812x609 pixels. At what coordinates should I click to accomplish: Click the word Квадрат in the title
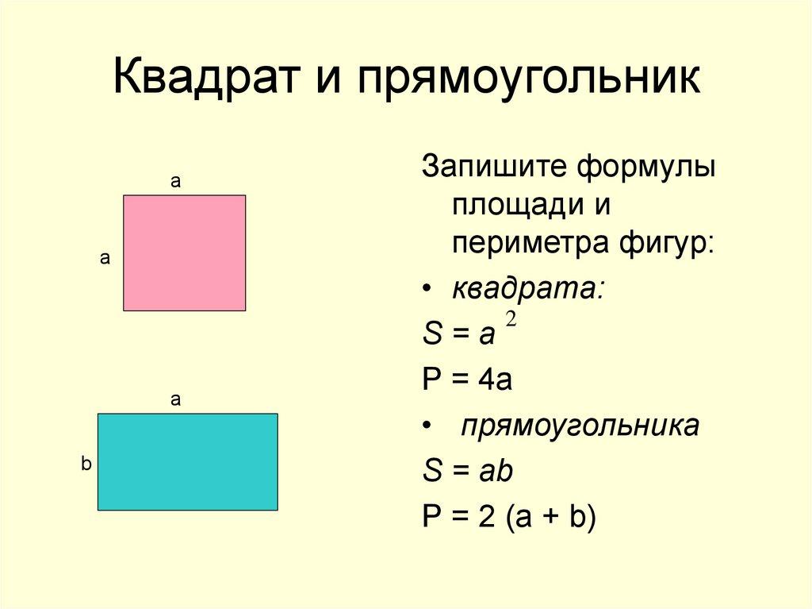(209, 79)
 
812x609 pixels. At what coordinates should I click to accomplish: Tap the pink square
(184, 252)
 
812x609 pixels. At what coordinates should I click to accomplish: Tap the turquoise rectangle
(187, 461)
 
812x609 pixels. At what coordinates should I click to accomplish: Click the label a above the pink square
(176, 182)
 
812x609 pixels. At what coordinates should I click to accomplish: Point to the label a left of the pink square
(104, 258)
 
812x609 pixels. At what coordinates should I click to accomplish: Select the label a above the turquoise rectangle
(176, 400)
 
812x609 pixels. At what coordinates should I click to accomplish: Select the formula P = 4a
(467, 380)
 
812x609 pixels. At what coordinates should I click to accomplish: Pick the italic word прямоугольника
(580, 426)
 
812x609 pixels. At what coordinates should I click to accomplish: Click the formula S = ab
(468, 472)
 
